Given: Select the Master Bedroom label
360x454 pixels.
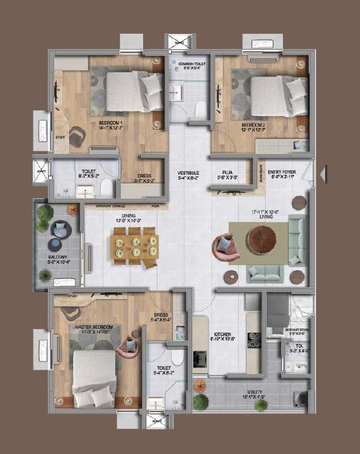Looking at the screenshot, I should (x=94, y=329).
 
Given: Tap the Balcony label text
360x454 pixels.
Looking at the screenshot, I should (x=59, y=258).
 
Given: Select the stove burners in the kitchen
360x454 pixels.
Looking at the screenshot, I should (x=254, y=340).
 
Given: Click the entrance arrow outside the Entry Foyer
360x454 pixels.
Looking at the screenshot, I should (x=323, y=174).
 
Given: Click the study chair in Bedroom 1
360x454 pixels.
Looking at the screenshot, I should (x=77, y=136).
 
